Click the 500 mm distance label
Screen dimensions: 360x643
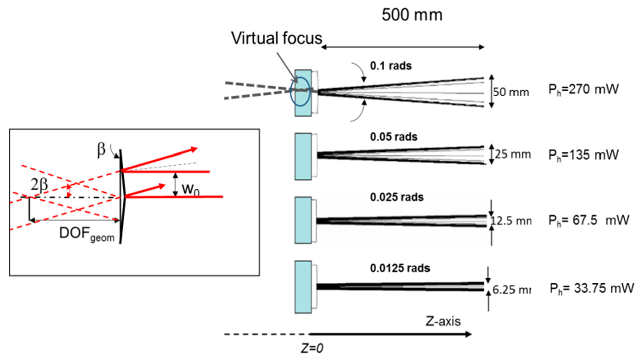[412, 15]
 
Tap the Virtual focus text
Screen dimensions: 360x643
[277, 38]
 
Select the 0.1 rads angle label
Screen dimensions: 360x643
[391, 66]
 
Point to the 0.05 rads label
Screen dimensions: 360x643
[394, 137]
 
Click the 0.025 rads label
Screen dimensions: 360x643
[397, 197]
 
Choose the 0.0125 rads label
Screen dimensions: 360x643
[400, 268]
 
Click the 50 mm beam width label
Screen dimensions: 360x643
[511, 92]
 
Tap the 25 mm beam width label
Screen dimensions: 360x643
[513, 154]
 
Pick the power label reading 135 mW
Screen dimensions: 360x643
[583, 155]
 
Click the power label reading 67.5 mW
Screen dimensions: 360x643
[589, 220]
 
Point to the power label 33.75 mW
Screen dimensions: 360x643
[592, 288]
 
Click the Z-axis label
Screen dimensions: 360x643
[443, 321]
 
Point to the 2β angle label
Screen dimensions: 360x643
[39, 185]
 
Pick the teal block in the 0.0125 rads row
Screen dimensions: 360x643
[303, 287]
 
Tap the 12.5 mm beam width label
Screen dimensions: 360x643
[511, 221]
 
